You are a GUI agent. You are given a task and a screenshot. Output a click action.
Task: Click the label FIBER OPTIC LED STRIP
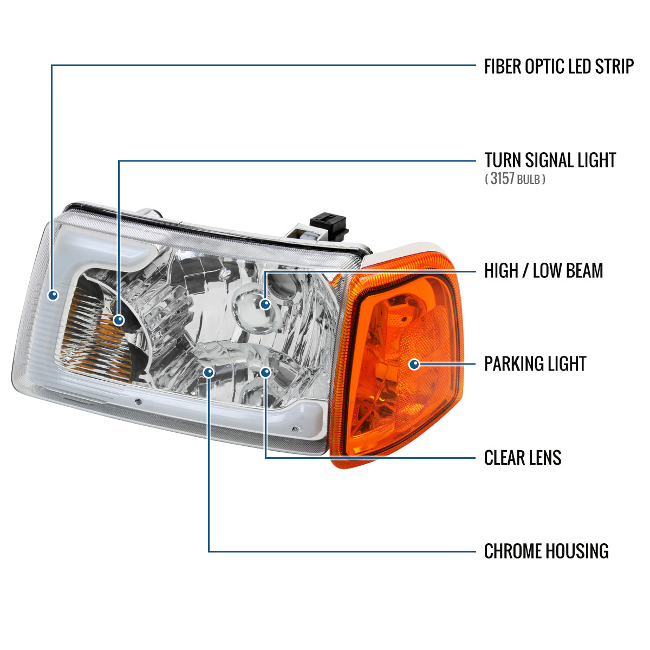[x=558, y=66]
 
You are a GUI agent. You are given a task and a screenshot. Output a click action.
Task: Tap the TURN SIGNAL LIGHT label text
[x=550, y=160]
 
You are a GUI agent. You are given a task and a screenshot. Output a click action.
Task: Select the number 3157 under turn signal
[x=502, y=178]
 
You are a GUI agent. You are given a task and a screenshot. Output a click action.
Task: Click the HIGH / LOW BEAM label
[x=543, y=270]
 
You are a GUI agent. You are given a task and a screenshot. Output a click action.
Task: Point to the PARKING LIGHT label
[x=535, y=363]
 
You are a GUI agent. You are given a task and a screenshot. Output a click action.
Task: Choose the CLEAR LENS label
[x=523, y=458]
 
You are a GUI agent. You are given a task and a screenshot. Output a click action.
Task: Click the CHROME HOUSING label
[x=547, y=551]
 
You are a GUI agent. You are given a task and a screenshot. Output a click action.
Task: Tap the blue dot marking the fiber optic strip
[x=53, y=295]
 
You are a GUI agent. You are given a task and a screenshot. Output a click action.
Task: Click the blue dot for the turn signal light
[x=119, y=320]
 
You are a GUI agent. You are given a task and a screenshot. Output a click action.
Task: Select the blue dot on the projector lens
[x=265, y=304]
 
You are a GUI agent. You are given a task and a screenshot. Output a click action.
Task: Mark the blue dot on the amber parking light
[x=414, y=365]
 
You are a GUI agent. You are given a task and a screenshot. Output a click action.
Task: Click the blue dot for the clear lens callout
[x=266, y=372]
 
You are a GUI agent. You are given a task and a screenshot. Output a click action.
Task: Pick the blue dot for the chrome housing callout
[x=209, y=372]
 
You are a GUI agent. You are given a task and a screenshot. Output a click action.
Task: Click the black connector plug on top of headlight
[x=329, y=226]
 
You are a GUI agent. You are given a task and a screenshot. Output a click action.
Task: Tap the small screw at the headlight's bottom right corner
[x=296, y=430]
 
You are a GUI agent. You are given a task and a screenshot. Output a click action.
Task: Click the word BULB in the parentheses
[x=528, y=180]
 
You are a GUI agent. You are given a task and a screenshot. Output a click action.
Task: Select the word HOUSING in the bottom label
[x=577, y=551]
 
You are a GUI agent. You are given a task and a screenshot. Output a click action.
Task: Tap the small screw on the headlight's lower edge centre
[x=138, y=401]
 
